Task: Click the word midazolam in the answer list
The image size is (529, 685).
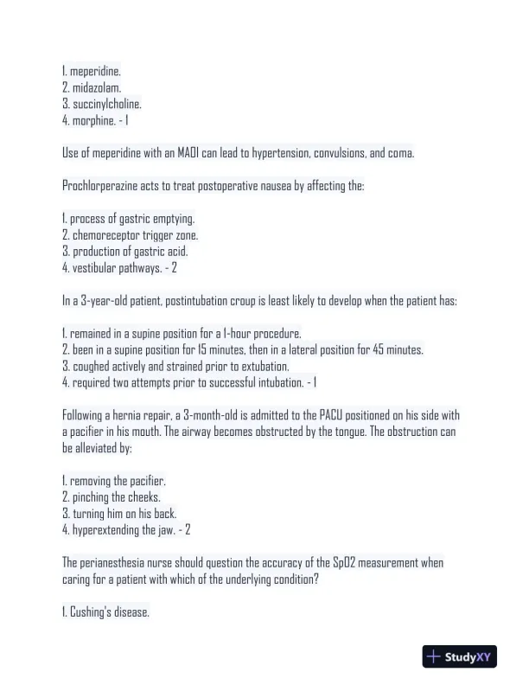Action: [97, 88]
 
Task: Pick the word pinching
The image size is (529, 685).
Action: [92, 497]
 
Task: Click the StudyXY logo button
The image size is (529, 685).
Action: [459, 657]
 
